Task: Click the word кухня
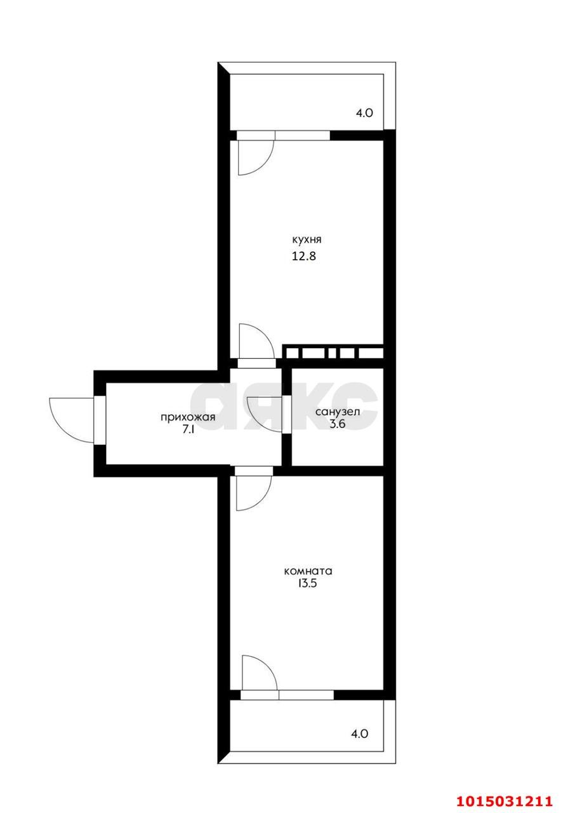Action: coord(307,240)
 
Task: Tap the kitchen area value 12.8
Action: coord(304,257)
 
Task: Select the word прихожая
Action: coord(188,417)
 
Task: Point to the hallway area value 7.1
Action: coord(188,429)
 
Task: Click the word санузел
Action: coord(338,412)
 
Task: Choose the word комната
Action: coord(308,571)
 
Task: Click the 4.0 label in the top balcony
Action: coord(364,113)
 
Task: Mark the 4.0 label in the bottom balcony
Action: coord(359,734)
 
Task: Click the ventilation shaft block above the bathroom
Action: coord(333,353)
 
